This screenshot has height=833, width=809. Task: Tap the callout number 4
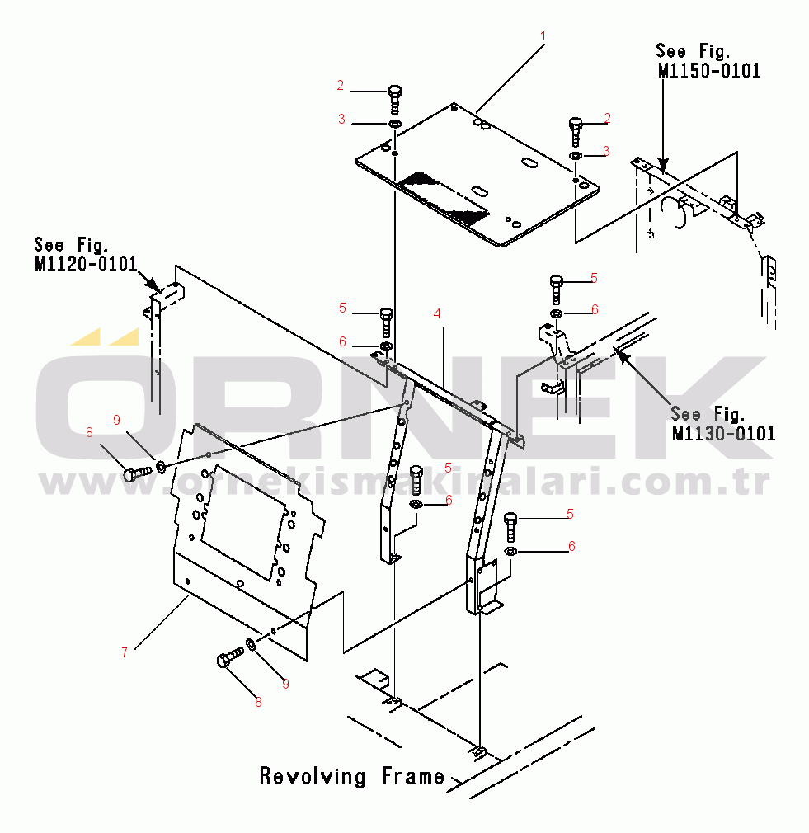[x=437, y=313]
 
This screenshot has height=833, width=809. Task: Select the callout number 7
[x=124, y=652]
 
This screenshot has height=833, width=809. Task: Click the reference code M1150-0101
[x=709, y=71]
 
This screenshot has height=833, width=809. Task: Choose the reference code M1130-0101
[x=723, y=433]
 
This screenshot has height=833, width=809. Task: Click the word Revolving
[x=313, y=776]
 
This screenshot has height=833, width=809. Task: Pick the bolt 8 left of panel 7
[x=135, y=473]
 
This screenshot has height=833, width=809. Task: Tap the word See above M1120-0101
[x=49, y=245]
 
